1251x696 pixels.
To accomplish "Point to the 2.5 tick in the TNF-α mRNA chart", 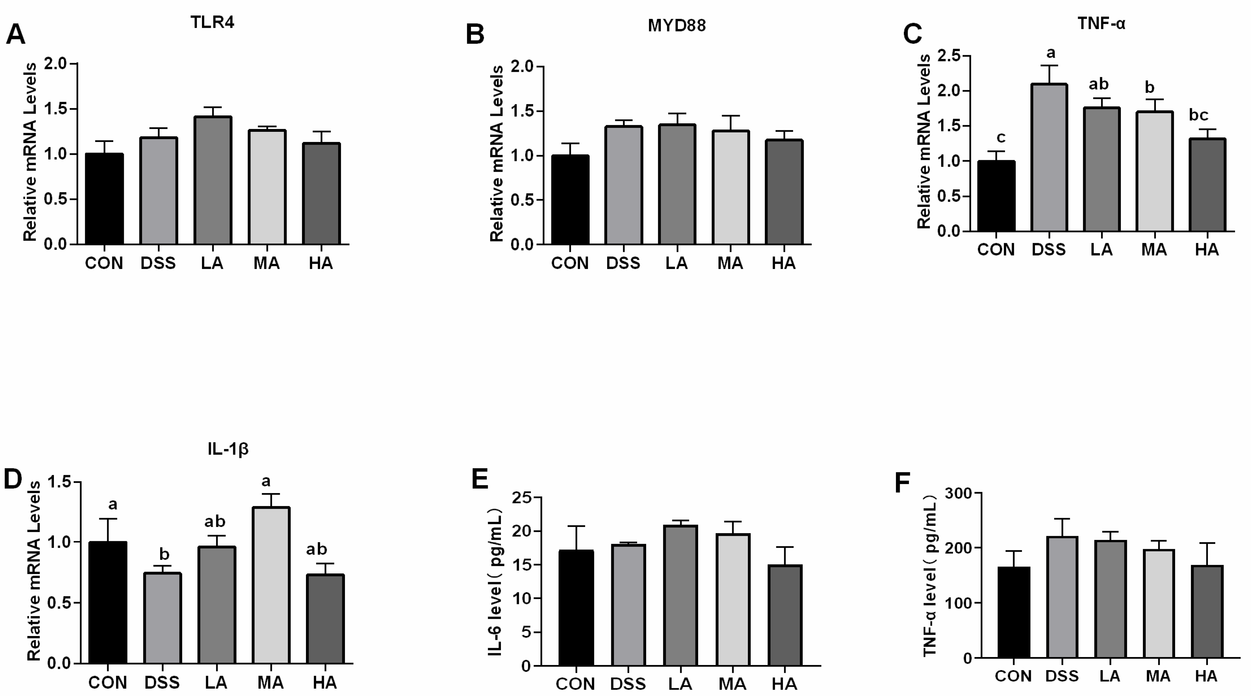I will pyautogui.click(x=949, y=56).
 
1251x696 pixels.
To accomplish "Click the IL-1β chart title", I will pyautogui.click(x=228, y=448).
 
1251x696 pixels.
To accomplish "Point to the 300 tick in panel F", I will pyautogui.click(x=959, y=493).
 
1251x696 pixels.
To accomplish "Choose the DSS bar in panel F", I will pyautogui.click(x=1062, y=597).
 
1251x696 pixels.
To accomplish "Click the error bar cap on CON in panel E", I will pyautogui.click(x=576, y=526).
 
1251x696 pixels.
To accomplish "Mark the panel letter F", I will pyautogui.click(x=902, y=483).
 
